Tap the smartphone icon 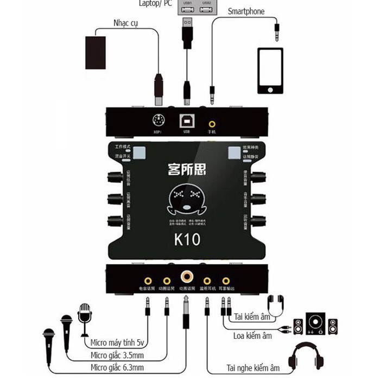[x=270, y=71]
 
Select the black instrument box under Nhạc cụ [x=99, y=52]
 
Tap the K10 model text [x=187, y=239]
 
